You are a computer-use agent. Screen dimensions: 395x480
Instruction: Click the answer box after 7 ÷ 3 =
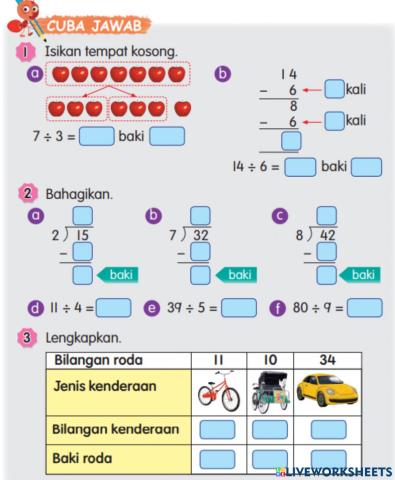(x=97, y=134)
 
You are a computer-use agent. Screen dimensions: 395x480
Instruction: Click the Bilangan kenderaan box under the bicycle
(x=216, y=429)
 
